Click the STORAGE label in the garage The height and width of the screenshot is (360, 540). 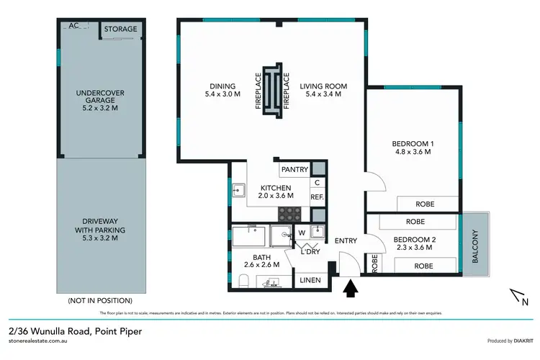point(120,30)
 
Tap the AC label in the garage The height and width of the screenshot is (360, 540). point(73,26)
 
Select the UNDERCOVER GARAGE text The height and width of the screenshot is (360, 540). point(101,98)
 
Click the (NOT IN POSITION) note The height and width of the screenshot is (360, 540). point(100,300)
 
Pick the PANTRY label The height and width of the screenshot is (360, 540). point(294,170)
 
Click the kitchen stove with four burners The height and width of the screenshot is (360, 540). point(290,214)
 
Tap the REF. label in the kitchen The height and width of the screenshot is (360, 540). point(318,197)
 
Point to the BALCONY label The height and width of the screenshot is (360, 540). point(474,246)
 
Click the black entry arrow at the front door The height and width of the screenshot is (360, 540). point(351,289)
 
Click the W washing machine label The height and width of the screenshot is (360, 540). point(301,232)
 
